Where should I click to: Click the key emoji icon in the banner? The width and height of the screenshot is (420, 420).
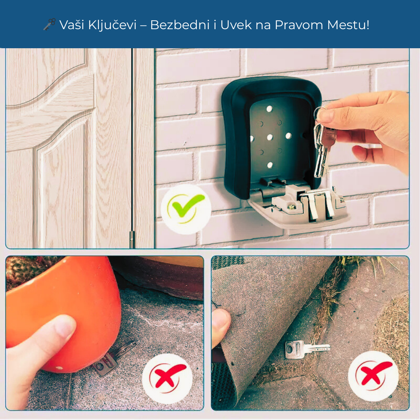pos(49,24)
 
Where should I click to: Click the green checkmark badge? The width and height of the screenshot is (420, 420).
pos(186,209)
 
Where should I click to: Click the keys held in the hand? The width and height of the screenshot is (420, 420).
pos(323,150)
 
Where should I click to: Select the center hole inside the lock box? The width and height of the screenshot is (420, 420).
pos(269,137)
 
